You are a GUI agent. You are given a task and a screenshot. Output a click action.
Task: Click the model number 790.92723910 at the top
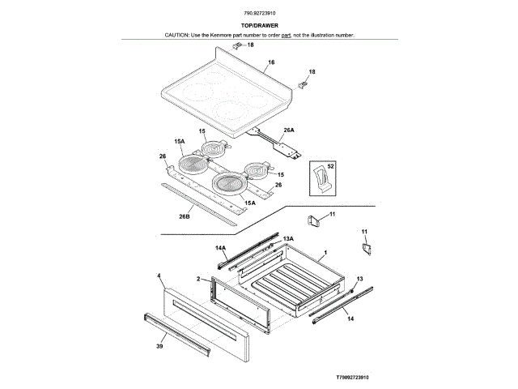coord(259,15)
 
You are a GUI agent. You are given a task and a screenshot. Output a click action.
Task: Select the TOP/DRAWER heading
coord(259,25)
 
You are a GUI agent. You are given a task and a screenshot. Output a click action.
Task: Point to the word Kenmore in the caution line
coord(227,36)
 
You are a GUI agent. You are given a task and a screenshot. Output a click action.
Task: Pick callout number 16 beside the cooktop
coord(271,62)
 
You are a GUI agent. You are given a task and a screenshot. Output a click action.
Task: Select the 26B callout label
coord(184,216)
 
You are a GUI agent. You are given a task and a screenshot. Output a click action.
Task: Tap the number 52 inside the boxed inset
coord(330,165)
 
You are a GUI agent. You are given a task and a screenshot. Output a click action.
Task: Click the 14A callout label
coord(220,247)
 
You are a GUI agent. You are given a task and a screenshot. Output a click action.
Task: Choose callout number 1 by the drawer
coord(325,254)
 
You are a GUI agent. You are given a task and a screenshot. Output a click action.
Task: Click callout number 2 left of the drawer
coord(198,279)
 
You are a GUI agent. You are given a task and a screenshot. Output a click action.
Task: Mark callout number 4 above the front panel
coord(159,276)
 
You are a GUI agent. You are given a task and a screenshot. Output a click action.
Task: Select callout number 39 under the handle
coord(159,345)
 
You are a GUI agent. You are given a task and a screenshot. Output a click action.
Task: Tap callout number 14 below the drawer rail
coord(350,320)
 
